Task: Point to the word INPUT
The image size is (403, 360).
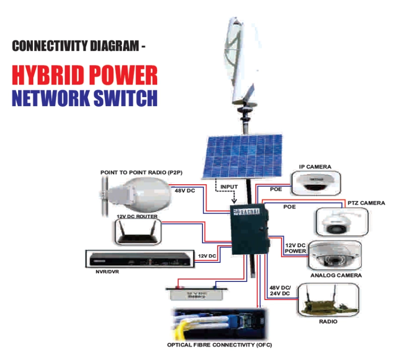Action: click(x=229, y=187)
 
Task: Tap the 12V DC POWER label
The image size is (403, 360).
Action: click(x=296, y=248)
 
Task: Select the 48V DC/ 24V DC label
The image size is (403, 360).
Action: click(x=279, y=290)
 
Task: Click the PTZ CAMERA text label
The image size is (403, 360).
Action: click(x=366, y=203)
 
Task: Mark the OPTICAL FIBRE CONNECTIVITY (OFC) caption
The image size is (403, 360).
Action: click(x=218, y=345)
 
